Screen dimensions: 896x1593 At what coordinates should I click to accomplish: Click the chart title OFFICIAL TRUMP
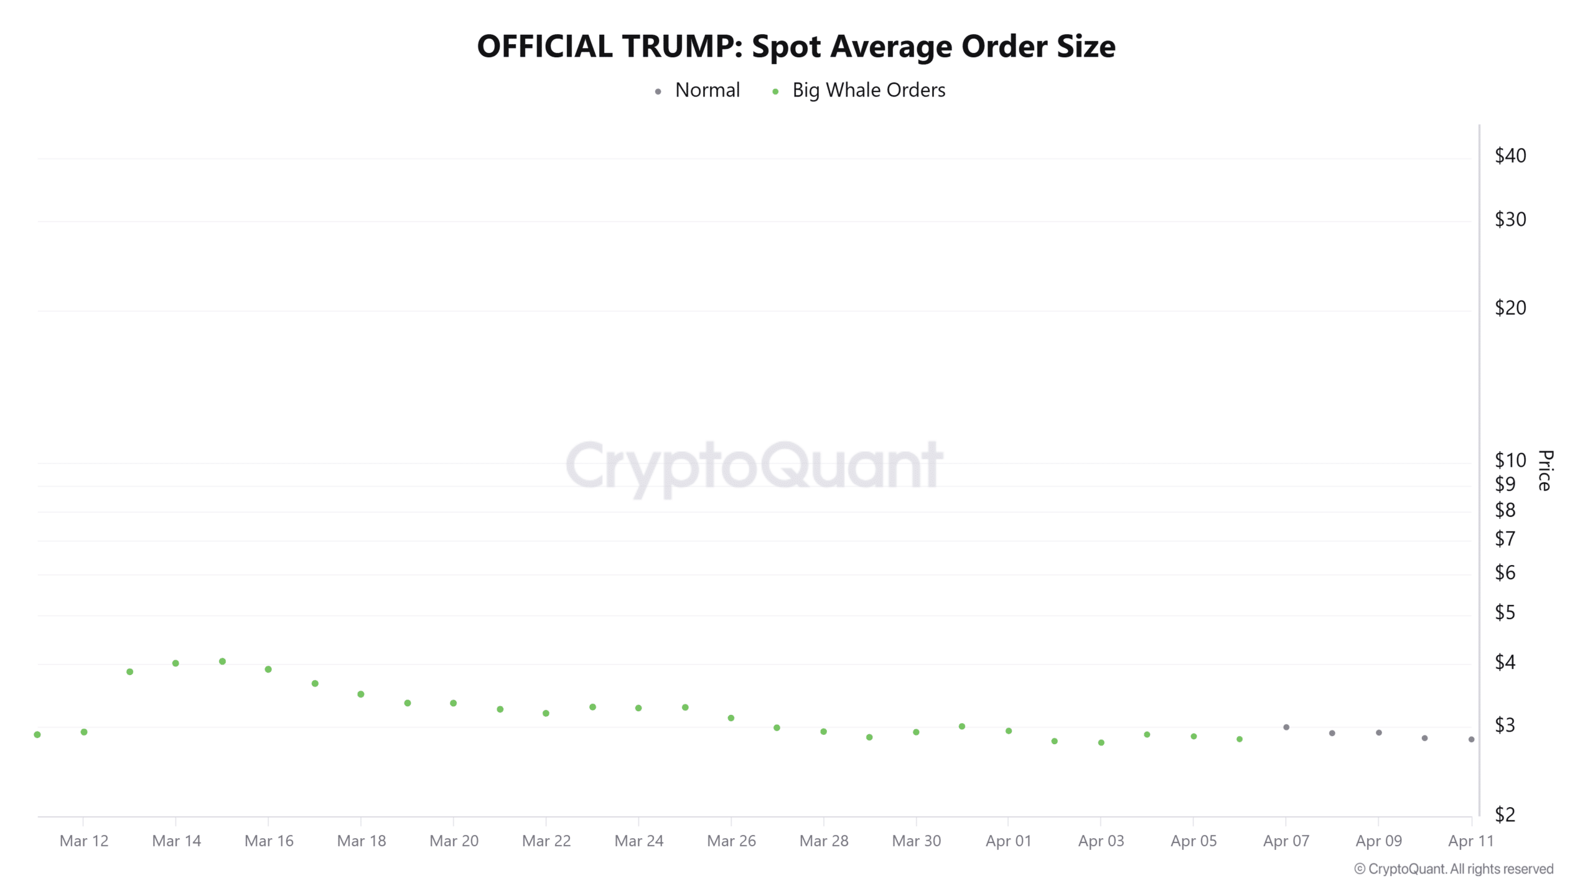tap(796, 47)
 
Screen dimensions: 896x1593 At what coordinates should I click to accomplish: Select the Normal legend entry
tap(707, 90)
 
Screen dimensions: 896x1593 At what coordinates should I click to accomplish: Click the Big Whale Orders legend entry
tap(868, 90)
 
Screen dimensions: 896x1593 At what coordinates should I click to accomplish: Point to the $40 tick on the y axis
tap(1510, 156)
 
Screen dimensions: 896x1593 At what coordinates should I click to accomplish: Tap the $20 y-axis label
tap(1510, 307)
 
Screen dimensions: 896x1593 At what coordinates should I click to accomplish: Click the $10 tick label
tap(1510, 460)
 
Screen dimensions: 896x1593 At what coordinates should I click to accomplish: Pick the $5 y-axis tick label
tap(1505, 613)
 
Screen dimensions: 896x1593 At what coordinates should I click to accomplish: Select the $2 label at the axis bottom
tap(1505, 814)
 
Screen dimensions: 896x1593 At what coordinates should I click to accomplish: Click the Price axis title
tap(1545, 470)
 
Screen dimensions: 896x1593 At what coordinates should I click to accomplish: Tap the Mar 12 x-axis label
tap(84, 841)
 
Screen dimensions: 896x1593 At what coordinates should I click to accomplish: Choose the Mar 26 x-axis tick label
tap(731, 841)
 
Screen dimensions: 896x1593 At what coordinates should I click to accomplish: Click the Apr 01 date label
tap(1008, 841)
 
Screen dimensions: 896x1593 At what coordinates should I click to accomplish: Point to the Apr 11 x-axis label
tap(1470, 841)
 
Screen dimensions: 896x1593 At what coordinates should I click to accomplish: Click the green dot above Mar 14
tap(175, 663)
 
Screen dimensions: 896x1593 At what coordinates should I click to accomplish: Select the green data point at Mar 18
tap(361, 694)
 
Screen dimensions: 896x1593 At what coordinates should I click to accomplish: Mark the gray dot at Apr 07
tap(1286, 727)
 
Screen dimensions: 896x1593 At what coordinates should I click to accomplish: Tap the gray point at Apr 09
tap(1379, 733)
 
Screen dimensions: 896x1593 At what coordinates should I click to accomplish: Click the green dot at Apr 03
tap(1101, 743)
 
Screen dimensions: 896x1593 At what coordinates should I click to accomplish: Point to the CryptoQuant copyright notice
tap(1454, 869)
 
